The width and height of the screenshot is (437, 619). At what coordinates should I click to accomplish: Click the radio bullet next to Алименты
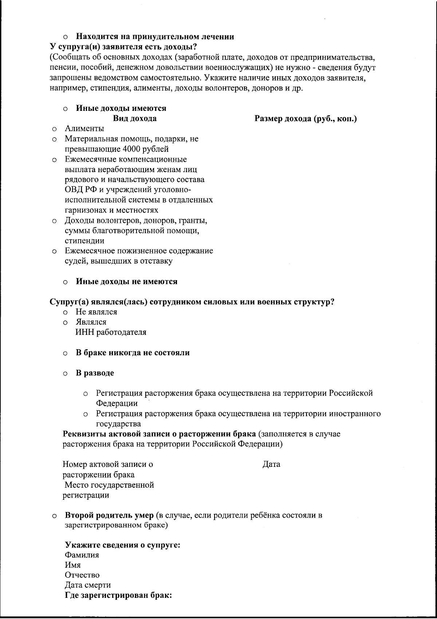pos(54,129)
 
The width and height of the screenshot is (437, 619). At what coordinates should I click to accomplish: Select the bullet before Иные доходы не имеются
pos(65,282)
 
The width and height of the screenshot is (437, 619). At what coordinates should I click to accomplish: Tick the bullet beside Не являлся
pos(65,313)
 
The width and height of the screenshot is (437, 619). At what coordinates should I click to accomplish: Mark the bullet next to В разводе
pos(65,374)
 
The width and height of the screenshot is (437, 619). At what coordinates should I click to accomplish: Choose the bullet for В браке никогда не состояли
pos(65,353)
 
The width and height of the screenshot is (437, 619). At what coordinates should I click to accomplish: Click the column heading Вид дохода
pos(135,119)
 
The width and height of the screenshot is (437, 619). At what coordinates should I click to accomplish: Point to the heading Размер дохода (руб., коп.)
pos(306,119)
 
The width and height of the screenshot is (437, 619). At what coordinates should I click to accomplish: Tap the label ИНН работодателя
pos(111,332)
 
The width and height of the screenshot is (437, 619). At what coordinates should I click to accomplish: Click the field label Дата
pos(271,464)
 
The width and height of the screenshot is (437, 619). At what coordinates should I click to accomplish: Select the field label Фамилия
pos(82,555)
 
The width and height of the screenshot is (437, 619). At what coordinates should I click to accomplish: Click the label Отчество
pos(82,575)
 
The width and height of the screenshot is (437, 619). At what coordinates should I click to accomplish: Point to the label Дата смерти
pos(88,585)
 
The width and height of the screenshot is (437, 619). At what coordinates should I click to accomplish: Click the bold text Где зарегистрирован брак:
pos(118,595)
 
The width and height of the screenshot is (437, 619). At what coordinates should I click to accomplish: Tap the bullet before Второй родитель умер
pos(54,516)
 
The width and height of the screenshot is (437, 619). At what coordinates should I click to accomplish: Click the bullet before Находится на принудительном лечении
pos(65,37)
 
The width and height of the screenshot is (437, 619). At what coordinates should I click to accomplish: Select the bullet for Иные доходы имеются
pos(65,109)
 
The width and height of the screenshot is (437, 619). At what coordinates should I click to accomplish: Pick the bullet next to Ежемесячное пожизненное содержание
pos(54,251)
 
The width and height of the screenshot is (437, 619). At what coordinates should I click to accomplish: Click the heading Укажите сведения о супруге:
pos(123,545)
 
